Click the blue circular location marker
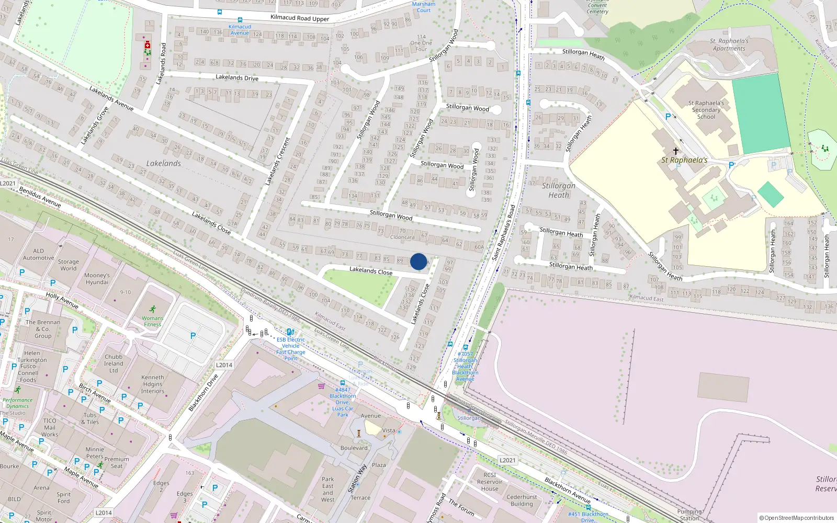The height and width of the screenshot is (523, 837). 418,261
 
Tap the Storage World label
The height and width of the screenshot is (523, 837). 69,265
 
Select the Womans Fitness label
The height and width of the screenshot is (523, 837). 152,321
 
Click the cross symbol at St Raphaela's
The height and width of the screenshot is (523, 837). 676,151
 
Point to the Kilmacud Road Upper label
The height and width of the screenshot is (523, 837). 300,18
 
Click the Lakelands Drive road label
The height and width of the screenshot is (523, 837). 237,77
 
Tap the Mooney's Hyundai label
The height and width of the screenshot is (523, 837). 97,279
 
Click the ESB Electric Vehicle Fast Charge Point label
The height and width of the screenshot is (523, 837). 291,349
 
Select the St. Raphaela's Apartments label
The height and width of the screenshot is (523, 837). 729,44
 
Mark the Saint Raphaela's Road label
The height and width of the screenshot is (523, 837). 503,232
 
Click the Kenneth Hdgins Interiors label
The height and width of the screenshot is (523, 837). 153,384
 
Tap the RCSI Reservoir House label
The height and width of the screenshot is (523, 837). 490,482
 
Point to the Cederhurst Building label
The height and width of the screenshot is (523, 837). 522,501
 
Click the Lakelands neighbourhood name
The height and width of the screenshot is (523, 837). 164,163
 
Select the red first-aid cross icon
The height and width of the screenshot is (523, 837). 148,46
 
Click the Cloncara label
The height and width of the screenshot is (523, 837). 402,237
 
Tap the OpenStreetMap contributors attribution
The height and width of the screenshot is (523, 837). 797,518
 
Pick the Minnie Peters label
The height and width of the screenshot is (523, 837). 95,453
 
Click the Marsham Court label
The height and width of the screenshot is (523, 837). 424,7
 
